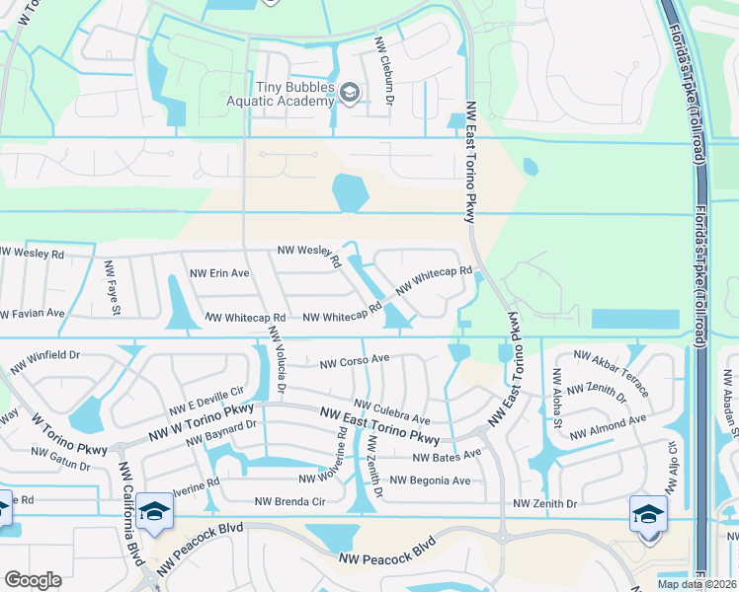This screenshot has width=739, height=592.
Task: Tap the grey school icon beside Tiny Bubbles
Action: pyautogui.click(x=349, y=95)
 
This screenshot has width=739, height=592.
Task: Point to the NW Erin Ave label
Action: pyautogui.click(x=219, y=273)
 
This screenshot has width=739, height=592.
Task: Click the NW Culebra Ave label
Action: pyautogui.click(x=392, y=411)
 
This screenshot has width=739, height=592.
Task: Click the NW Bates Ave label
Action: pyautogui.click(x=447, y=457)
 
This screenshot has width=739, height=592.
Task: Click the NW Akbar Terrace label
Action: pyautogui.click(x=612, y=373)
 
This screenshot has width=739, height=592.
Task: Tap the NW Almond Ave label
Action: pyautogui.click(x=608, y=426)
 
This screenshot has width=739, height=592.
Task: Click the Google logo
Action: pyautogui.click(x=33, y=580)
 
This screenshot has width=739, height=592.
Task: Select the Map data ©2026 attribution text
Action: pyautogui.click(x=696, y=584)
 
